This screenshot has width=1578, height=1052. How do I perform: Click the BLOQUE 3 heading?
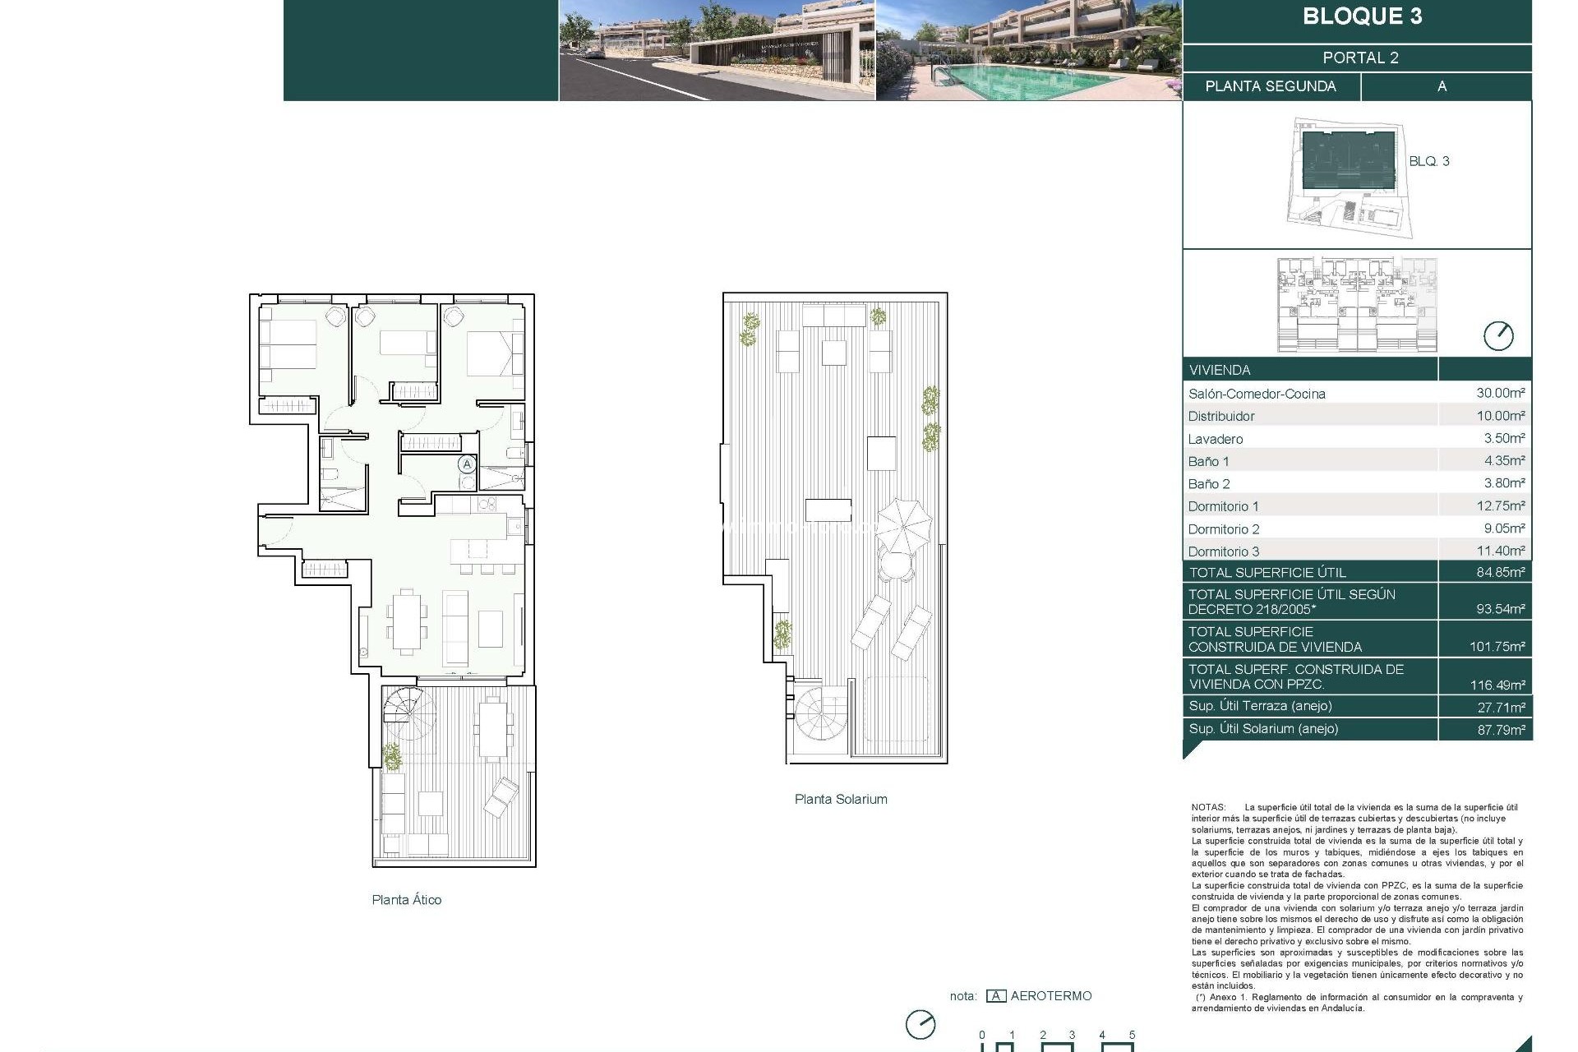coord(1362,16)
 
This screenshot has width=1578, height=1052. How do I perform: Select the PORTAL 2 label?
coord(1360,58)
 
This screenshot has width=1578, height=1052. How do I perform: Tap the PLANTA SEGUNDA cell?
coord(1270,86)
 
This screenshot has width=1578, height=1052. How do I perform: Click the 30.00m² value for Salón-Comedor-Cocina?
coord(1500,394)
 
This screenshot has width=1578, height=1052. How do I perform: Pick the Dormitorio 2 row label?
coord(1223,529)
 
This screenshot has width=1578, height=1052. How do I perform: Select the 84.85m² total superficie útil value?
coord(1500,573)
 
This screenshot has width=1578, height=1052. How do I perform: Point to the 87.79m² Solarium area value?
coord(1500,730)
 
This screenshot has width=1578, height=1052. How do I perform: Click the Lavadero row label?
coord(1215,439)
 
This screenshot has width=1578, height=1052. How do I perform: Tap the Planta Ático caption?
coord(406,900)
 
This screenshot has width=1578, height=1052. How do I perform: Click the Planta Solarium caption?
coord(840,799)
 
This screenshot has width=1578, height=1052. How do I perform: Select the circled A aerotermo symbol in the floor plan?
coord(467,464)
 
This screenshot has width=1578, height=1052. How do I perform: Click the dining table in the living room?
coord(406,621)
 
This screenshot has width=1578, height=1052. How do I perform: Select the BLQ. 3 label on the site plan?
coord(1428,161)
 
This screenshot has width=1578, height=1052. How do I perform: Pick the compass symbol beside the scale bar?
coord(920,1025)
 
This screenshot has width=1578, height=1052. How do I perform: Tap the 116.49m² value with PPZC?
coord(1500,685)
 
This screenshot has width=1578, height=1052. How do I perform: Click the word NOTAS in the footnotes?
coord(1207,808)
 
